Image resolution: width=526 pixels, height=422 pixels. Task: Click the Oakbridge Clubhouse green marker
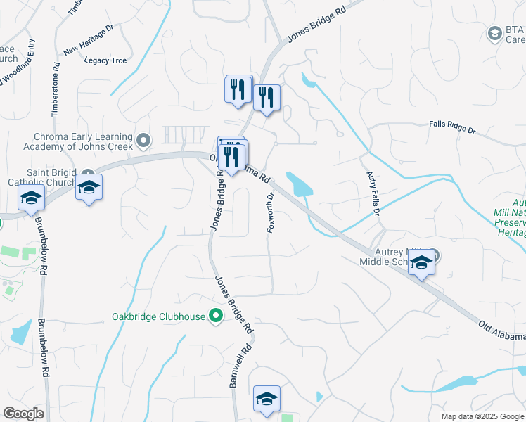(x=216, y=316)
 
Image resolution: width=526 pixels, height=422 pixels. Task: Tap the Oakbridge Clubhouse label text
(x=158, y=316)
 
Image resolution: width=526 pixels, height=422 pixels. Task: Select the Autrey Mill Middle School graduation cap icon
(x=421, y=264)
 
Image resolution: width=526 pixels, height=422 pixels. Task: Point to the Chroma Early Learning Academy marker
(x=144, y=141)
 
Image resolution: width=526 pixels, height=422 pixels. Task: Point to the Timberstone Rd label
(x=55, y=92)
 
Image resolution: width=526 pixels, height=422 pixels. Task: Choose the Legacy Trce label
(x=105, y=60)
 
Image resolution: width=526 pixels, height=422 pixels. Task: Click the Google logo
(x=24, y=414)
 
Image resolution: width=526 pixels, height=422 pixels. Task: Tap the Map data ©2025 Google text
(x=482, y=416)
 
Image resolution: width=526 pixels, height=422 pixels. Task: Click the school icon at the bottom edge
(x=267, y=399)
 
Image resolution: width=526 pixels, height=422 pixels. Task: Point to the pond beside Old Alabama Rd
(x=299, y=184)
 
